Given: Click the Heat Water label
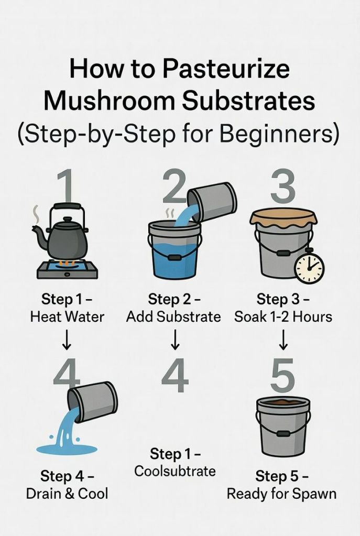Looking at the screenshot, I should [67, 317].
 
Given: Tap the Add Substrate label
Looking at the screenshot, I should [173, 317].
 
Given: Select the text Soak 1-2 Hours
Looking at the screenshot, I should [283, 317].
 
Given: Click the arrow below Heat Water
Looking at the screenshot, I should [67, 341].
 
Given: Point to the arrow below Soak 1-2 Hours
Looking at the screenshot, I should [283, 341].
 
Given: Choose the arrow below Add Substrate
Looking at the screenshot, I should [175, 341].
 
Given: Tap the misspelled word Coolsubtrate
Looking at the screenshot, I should [175, 471].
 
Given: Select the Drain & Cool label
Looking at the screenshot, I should [67, 494].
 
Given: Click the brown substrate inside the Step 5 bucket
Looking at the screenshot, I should [283, 403].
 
